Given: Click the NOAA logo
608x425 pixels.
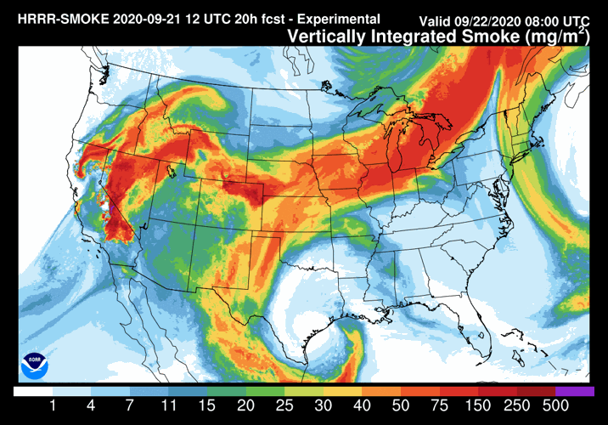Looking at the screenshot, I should [34, 363].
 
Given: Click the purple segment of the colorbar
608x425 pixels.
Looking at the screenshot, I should [577, 392].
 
